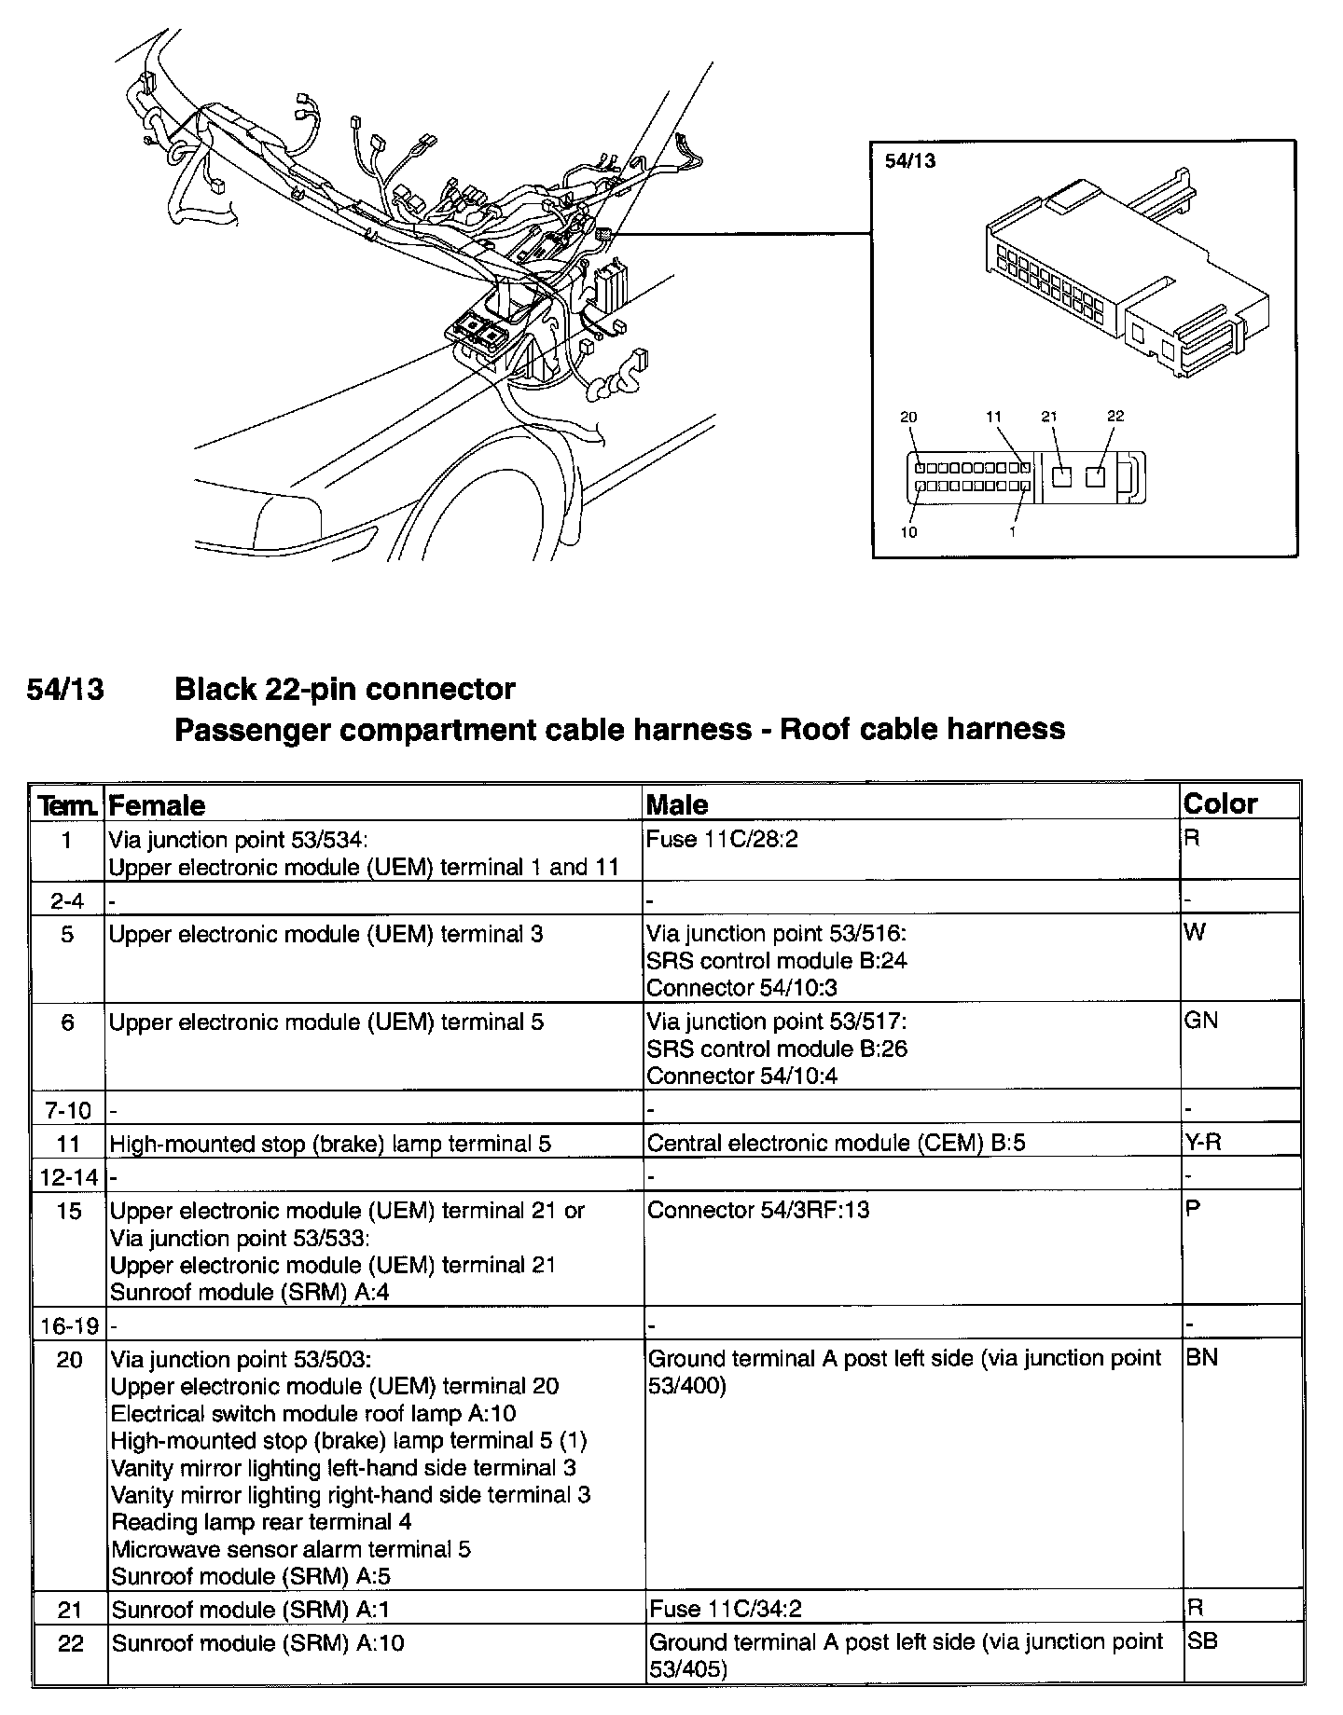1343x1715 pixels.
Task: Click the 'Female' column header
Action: [157, 805]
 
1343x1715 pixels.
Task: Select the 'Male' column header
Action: [677, 805]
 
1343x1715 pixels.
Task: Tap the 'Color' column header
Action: [1220, 803]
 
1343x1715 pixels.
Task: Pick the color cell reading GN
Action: [1200, 1021]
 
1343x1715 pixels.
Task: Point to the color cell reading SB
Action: [1201, 1641]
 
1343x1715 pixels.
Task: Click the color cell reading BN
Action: [1201, 1358]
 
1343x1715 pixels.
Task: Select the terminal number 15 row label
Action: [69, 1211]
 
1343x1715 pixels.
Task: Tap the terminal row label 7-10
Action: [67, 1110]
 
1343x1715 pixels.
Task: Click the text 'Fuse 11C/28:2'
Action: [722, 840]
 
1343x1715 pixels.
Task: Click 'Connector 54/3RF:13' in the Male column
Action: [758, 1210]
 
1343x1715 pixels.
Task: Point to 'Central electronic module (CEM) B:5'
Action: [836, 1143]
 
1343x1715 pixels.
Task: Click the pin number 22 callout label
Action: [1115, 417]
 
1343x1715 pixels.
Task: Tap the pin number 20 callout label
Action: [908, 417]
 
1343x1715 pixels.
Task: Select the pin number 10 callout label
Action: [908, 532]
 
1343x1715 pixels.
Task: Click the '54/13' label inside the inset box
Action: [909, 160]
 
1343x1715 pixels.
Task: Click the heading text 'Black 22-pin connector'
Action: [344, 689]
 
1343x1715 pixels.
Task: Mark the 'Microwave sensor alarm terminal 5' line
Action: [291, 1549]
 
